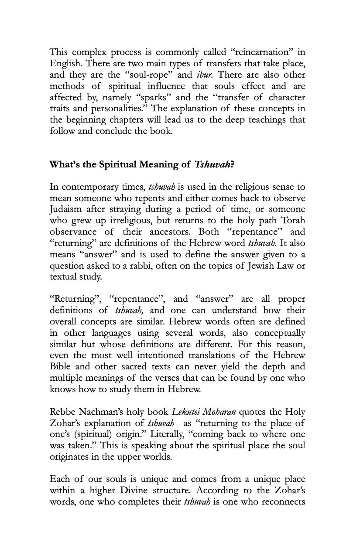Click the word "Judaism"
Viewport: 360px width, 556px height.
[66, 210]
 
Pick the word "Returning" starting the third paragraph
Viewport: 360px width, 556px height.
[74, 300]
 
